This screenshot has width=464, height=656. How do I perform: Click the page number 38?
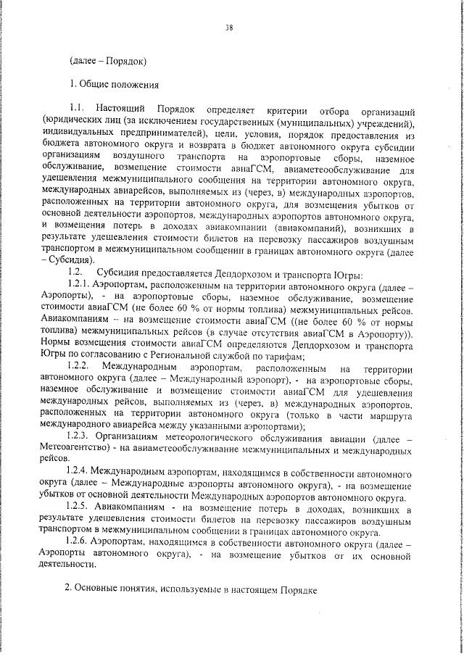229,28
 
